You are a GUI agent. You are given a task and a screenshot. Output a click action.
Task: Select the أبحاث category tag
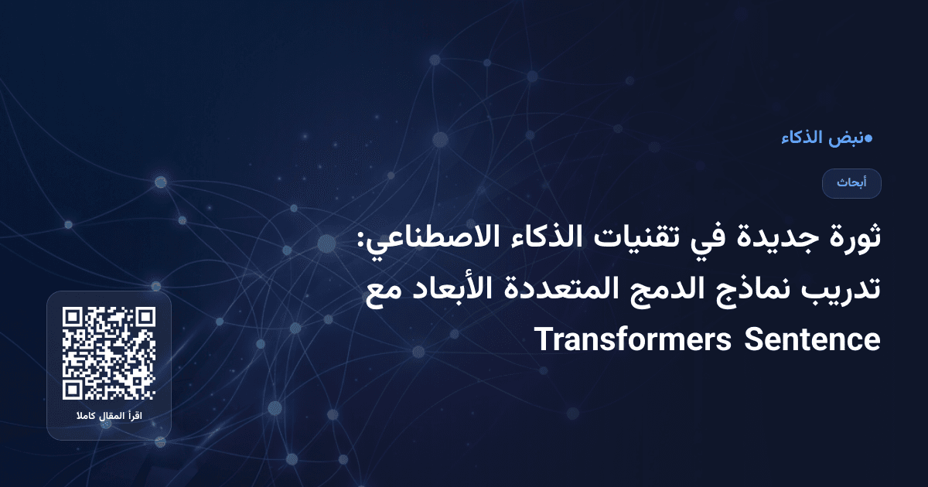(x=851, y=183)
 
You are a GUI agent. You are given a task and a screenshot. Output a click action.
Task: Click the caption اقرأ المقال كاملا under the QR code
(x=109, y=417)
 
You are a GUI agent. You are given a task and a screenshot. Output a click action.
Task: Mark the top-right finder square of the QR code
(x=145, y=318)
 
